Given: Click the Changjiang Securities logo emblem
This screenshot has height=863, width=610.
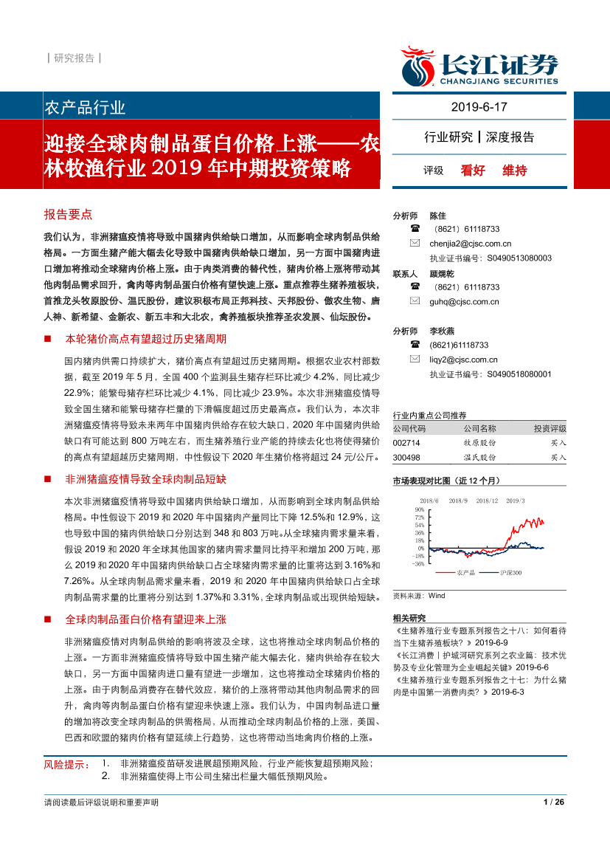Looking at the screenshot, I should [x=417, y=66].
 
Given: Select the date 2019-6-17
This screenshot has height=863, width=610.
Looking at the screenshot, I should [x=479, y=107].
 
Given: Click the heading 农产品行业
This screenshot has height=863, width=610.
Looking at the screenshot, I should [x=86, y=107].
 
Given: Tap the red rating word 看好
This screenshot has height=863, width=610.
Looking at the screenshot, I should [x=473, y=171].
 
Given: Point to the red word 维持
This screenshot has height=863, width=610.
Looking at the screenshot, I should [x=515, y=171].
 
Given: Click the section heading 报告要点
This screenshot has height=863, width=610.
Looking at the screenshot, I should [x=68, y=214].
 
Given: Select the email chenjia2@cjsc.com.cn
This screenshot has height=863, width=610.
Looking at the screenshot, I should [x=470, y=244].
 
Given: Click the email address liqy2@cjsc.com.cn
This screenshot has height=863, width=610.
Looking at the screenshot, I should [x=463, y=360].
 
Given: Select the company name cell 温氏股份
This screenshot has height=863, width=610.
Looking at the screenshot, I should [x=480, y=458].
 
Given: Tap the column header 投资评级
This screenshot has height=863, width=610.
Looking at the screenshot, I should [x=550, y=429].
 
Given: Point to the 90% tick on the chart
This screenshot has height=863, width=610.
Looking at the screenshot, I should [x=419, y=509].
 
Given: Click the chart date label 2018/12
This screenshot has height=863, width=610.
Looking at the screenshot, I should [x=487, y=501].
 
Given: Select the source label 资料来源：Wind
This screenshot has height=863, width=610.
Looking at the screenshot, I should [x=419, y=595].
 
